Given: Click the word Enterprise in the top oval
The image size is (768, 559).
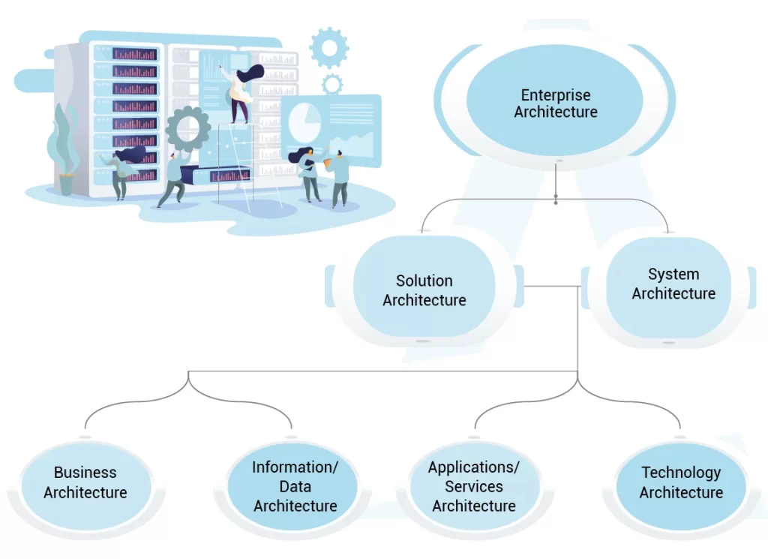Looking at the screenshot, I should (556, 95).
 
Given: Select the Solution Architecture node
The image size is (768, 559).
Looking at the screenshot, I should (424, 290).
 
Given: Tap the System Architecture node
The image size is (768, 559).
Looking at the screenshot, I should (673, 284).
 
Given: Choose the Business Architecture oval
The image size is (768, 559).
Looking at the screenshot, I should (85, 482).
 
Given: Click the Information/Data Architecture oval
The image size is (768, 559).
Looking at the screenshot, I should (295, 486).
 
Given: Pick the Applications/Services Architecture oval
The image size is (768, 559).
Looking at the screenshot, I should (474, 486).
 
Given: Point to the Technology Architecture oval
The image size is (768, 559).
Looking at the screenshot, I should (681, 482).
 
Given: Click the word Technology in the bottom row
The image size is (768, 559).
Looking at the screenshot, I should (681, 473).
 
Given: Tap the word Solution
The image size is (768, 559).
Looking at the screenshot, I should (424, 281).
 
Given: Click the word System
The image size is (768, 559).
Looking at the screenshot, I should (673, 274).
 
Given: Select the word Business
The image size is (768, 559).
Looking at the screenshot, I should (85, 473).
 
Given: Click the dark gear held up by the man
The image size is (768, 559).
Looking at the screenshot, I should (187, 128).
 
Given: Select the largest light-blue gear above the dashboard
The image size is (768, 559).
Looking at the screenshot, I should (328, 47).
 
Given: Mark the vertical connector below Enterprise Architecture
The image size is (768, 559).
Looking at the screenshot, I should (556, 182).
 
